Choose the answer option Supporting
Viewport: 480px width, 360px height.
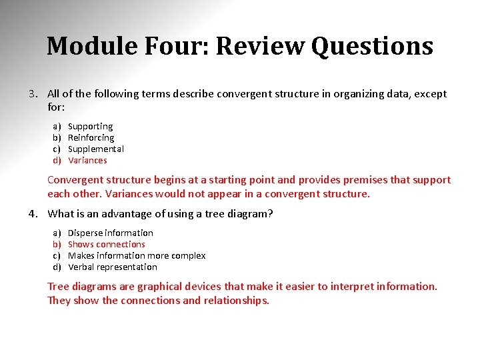point(91,126)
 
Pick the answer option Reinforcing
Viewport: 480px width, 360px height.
point(91,137)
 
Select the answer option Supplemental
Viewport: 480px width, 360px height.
point(96,149)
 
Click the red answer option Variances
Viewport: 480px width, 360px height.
point(87,160)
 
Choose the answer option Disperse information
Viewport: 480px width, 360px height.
point(111,233)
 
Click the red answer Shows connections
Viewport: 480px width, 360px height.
point(107,244)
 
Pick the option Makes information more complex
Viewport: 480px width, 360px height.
point(137,255)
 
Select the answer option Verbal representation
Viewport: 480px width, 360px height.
point(113,267)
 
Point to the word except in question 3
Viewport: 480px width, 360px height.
point(431,94)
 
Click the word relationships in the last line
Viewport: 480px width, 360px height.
point(236,300)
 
